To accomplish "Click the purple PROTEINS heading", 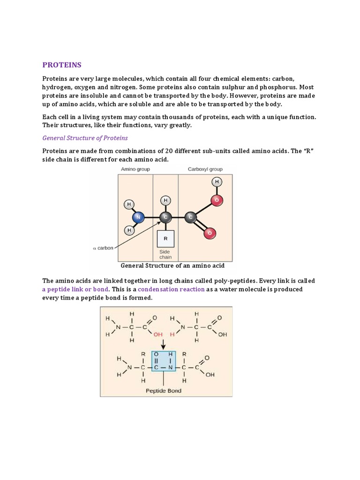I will point(62,65).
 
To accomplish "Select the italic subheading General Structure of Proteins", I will point(85,138).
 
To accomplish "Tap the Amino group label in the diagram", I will point(135,169).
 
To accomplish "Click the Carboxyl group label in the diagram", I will point(205,169).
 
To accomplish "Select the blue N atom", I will point(138,217).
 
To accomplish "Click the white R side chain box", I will point(165,239).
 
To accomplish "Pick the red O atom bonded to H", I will point(216,201).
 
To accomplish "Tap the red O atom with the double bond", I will point(210,233).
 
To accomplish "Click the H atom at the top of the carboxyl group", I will point(217,182).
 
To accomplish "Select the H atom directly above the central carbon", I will point(165,201).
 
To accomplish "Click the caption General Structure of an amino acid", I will point(172,266).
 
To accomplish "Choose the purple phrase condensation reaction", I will point(171,289).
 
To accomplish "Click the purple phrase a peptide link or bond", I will point(75,289).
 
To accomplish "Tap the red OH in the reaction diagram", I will point(157,334).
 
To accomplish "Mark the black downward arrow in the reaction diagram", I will point(164,345).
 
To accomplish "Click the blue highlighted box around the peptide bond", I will point(164,361).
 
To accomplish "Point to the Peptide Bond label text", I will point(164,390).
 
